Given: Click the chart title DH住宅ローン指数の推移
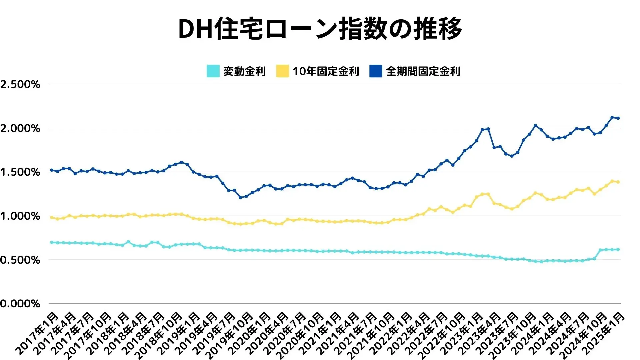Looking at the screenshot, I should pos(320,29).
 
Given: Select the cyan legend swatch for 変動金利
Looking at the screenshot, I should pos(213,71).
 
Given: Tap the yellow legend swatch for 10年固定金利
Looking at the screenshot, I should pos(282,71).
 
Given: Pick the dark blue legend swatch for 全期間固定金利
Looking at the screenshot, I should pos(376,71).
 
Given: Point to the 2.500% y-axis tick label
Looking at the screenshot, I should pos(20,84).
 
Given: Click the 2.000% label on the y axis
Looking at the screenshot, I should pos(20,128).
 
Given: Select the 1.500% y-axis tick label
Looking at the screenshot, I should pos(20,172).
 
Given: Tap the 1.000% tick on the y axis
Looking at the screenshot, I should pos(20,216).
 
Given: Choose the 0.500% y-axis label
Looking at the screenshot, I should pos(20,260).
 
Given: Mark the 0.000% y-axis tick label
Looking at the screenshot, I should pos(20,304).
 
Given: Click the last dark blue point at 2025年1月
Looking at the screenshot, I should pos(618,118).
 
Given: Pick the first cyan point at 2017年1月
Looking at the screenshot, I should pos(51,242).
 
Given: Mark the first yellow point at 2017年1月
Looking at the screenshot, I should pos(51,217).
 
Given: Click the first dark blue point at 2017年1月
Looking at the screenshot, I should pos(51,170).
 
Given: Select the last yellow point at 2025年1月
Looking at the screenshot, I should pos(618,182).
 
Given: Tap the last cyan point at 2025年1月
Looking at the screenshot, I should pos(618,249).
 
